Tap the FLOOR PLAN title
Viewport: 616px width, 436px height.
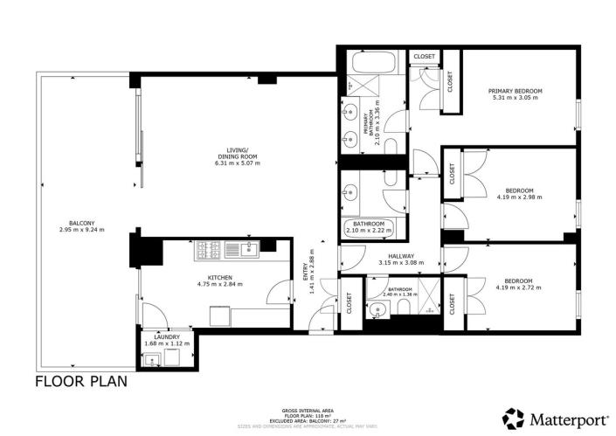tap(81, 381)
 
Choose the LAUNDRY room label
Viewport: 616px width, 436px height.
tap(167, 336)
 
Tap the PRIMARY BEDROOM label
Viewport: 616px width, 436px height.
tap(516, 91)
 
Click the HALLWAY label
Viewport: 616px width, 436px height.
tap(401, 256)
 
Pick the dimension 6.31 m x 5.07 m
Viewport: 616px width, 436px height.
tap(238, 163)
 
